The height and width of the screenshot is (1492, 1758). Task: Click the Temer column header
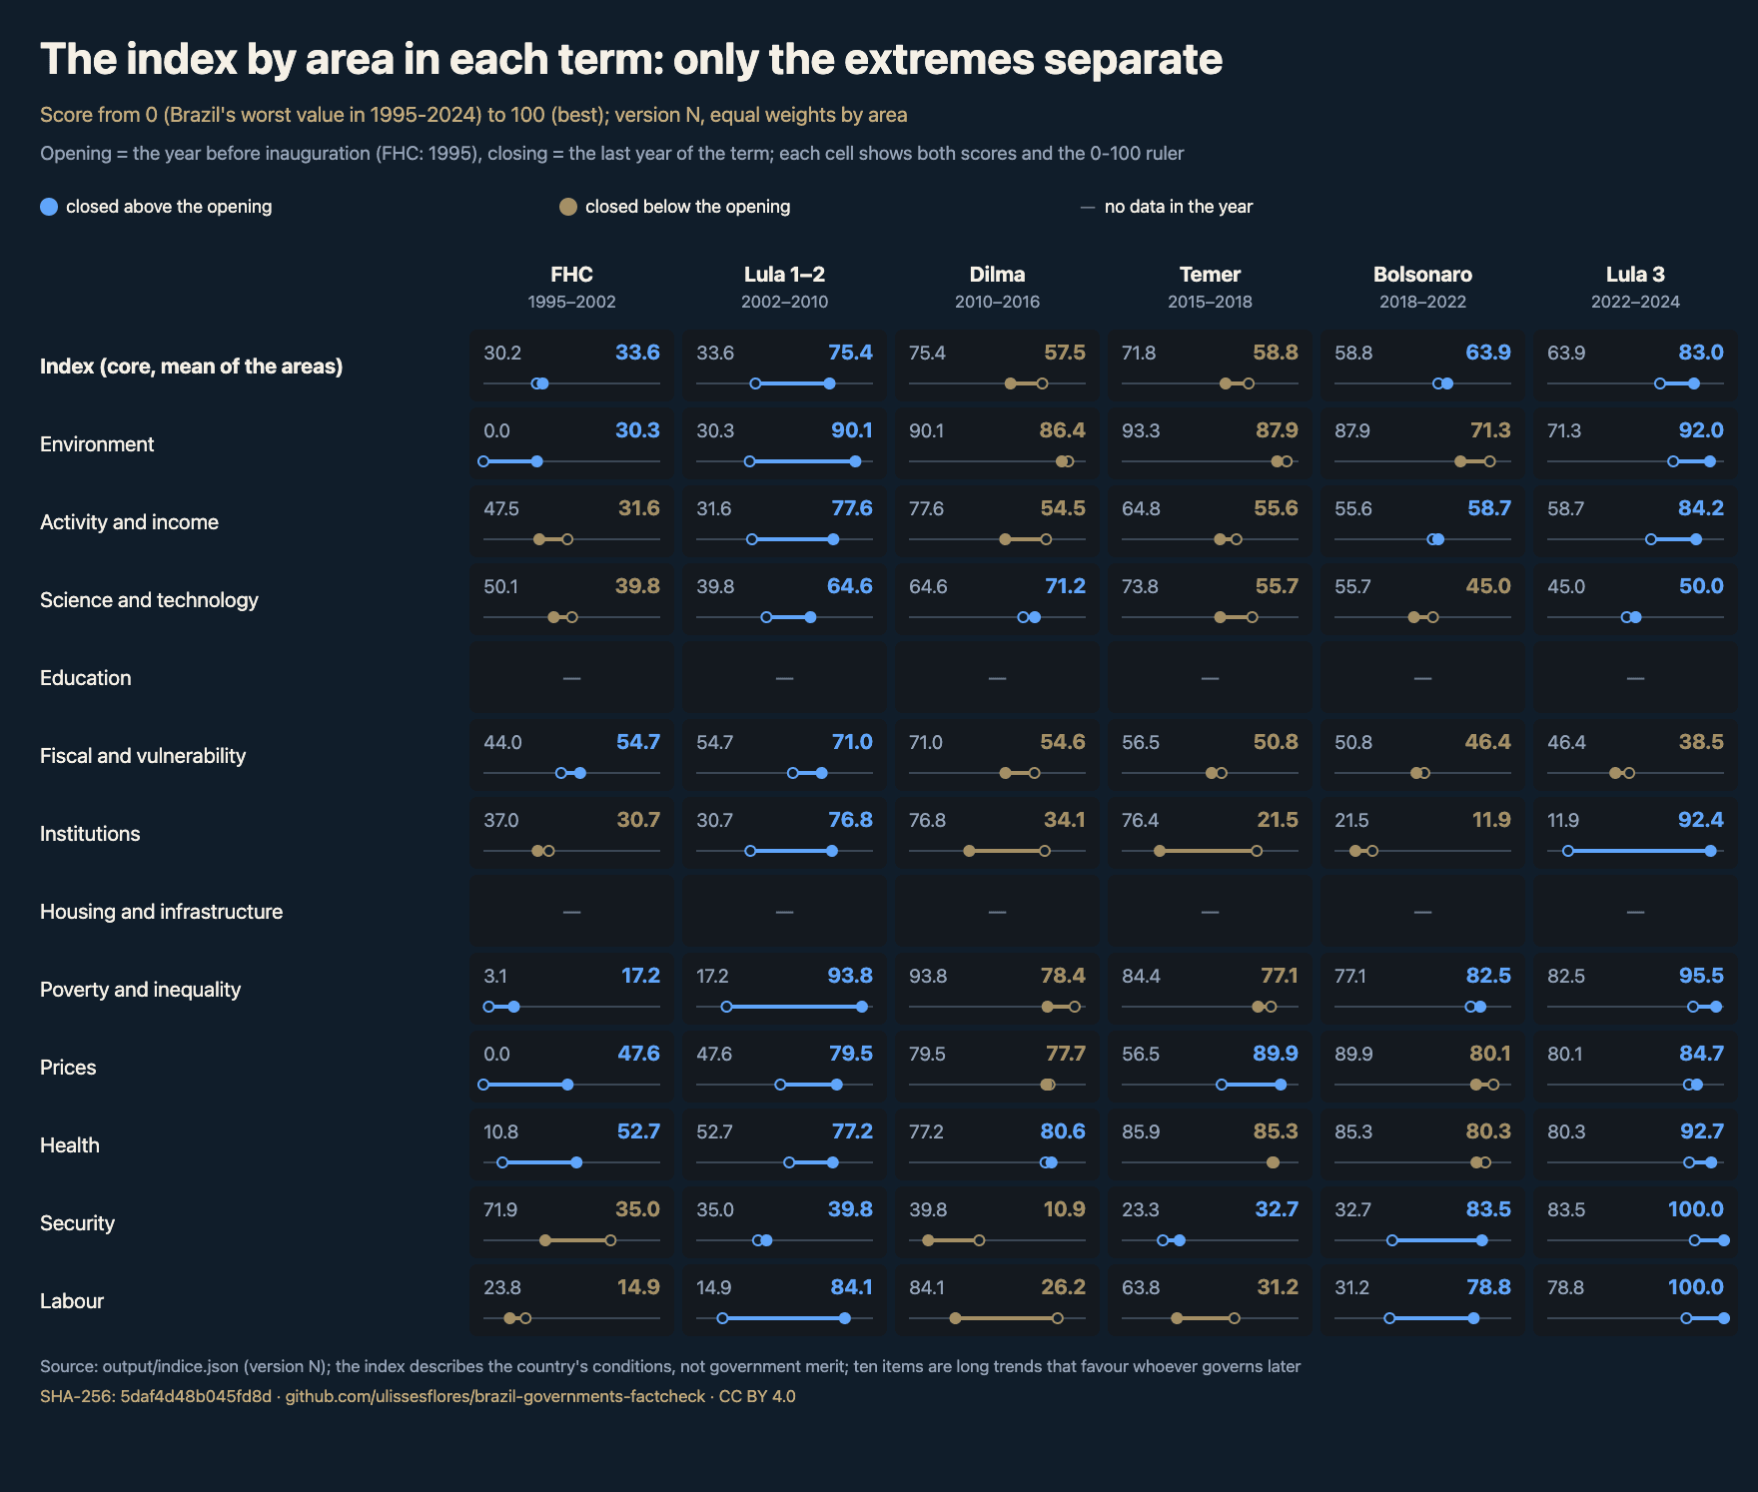(x=1210, y=275)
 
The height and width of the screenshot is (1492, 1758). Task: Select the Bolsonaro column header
(x=1422, y=275)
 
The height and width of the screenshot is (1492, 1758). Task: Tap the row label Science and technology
(x=149, y=600)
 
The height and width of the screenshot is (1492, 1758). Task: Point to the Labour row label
(x=72, y=1301)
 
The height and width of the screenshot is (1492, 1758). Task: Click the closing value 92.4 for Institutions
(x=1700, y=820)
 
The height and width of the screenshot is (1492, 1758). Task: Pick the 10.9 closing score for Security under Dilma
(x=1064, y=1209)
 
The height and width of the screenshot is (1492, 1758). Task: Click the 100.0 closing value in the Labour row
(x=1695, y=1287)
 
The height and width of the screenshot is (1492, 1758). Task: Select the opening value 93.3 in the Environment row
(x=1141, y=430)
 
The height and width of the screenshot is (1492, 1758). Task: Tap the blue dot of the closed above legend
(x=49, y=207)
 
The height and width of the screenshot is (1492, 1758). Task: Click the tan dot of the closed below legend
(x=568, y=207)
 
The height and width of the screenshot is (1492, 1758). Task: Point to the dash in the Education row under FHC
(x=571, y=678)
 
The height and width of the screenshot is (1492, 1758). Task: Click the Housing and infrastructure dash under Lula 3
(x=1635, y=912)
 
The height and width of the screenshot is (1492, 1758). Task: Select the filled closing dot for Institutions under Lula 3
(x=1710, y=851)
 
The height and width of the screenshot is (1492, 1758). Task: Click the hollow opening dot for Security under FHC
(x=610, y=1240)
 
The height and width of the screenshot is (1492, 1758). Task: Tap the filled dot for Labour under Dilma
(x=955, y=1318)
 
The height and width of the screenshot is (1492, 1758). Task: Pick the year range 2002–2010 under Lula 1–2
(x=784, y=302)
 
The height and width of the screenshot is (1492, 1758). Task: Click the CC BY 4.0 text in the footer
(x=757, y=1396)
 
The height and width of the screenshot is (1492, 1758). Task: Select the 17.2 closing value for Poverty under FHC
(x=640, y=976)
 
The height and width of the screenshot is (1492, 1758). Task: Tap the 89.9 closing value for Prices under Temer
(x=1276, y=1054)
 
